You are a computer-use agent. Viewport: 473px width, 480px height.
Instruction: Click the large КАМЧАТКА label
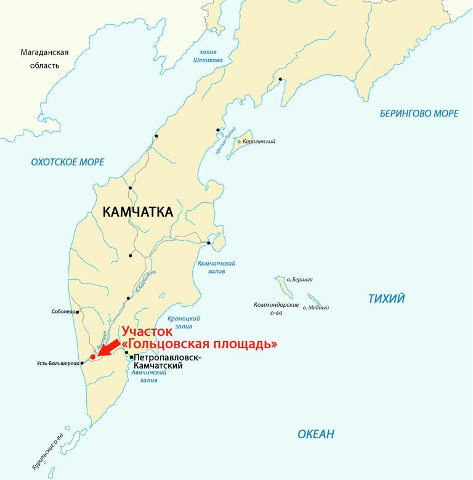click(137, 213)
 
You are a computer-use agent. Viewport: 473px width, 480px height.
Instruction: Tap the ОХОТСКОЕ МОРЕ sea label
click(68, 162)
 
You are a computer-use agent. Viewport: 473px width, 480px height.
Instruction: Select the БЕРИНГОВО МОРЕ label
click(419, 113)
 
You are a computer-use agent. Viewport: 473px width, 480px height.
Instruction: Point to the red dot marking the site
click(92, 356)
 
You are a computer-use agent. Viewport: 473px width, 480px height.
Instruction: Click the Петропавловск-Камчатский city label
click(166, 362)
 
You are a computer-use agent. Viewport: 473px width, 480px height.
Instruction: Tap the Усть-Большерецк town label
click(58, 364)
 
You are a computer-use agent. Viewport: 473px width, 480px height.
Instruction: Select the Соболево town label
click(63, 312)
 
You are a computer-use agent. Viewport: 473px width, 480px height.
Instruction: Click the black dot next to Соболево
click(78, 312)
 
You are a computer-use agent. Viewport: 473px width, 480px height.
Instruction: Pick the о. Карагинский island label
click(256, 142)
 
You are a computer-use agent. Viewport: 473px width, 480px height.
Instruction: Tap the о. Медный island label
click(315, 307)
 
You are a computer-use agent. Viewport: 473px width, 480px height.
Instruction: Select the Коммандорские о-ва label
click(276, 308)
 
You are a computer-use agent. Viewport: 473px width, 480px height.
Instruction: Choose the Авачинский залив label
click(148, 376)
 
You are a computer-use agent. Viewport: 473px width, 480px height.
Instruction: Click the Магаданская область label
click(44, 59)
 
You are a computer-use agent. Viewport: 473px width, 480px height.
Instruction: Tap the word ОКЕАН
click(316, 434)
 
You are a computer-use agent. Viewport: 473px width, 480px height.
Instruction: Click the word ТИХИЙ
click(386, 299)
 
